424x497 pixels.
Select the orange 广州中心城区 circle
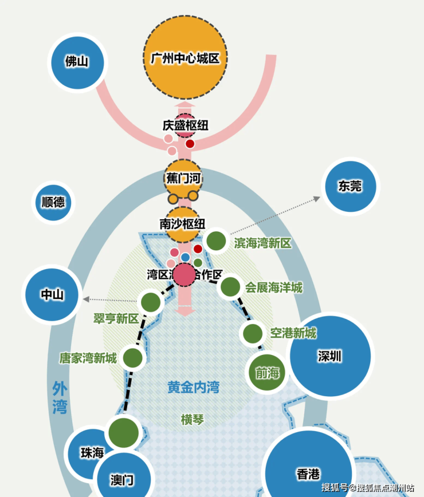(x=185, y=58)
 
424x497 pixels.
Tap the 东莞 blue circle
(x=350, y=186)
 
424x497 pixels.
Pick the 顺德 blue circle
(x=53, y=202)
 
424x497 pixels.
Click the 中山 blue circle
(x=52, y=294)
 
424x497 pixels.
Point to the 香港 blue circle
(x=308, y=473)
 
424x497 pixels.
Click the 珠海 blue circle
(x=92, y=452)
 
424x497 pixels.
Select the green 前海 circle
(x=267, y=373)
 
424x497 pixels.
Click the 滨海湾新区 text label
(x=262, y=243)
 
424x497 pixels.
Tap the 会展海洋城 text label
(x=274, y=287)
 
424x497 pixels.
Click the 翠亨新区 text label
(x=116, y=318)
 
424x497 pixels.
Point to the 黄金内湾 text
(x=193, y=387)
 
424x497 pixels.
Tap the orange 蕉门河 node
(x=183, y=178)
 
